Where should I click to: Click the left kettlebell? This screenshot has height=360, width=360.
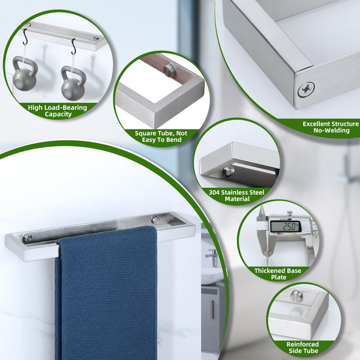(25, 74)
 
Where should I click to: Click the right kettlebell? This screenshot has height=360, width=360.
(73, 83)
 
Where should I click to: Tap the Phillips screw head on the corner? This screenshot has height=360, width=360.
(306, 89)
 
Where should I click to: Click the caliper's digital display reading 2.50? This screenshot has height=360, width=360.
(286, 227)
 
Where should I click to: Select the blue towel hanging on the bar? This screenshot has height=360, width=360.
(106, 291)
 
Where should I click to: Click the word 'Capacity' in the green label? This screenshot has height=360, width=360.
(58, 114)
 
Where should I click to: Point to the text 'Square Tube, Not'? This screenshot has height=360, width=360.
(161, 133)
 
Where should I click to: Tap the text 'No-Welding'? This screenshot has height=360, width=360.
(332, 130)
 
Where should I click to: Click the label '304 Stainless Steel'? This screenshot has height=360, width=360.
(237, 192)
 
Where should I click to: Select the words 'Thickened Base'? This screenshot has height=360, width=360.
(278, 271)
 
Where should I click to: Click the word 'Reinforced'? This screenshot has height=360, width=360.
(302, 344)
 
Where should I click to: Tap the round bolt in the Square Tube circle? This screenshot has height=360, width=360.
(168, 69)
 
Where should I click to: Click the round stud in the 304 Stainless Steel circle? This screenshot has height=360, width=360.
(228, 171)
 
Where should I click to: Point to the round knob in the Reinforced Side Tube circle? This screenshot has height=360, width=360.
(296, 296)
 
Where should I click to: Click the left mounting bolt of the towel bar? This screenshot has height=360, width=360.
(27, 238)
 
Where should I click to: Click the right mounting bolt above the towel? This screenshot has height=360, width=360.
(155, 220)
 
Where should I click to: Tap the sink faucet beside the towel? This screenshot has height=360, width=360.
(211, 257)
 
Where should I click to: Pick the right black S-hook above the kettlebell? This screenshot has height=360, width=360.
(73, 47)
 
